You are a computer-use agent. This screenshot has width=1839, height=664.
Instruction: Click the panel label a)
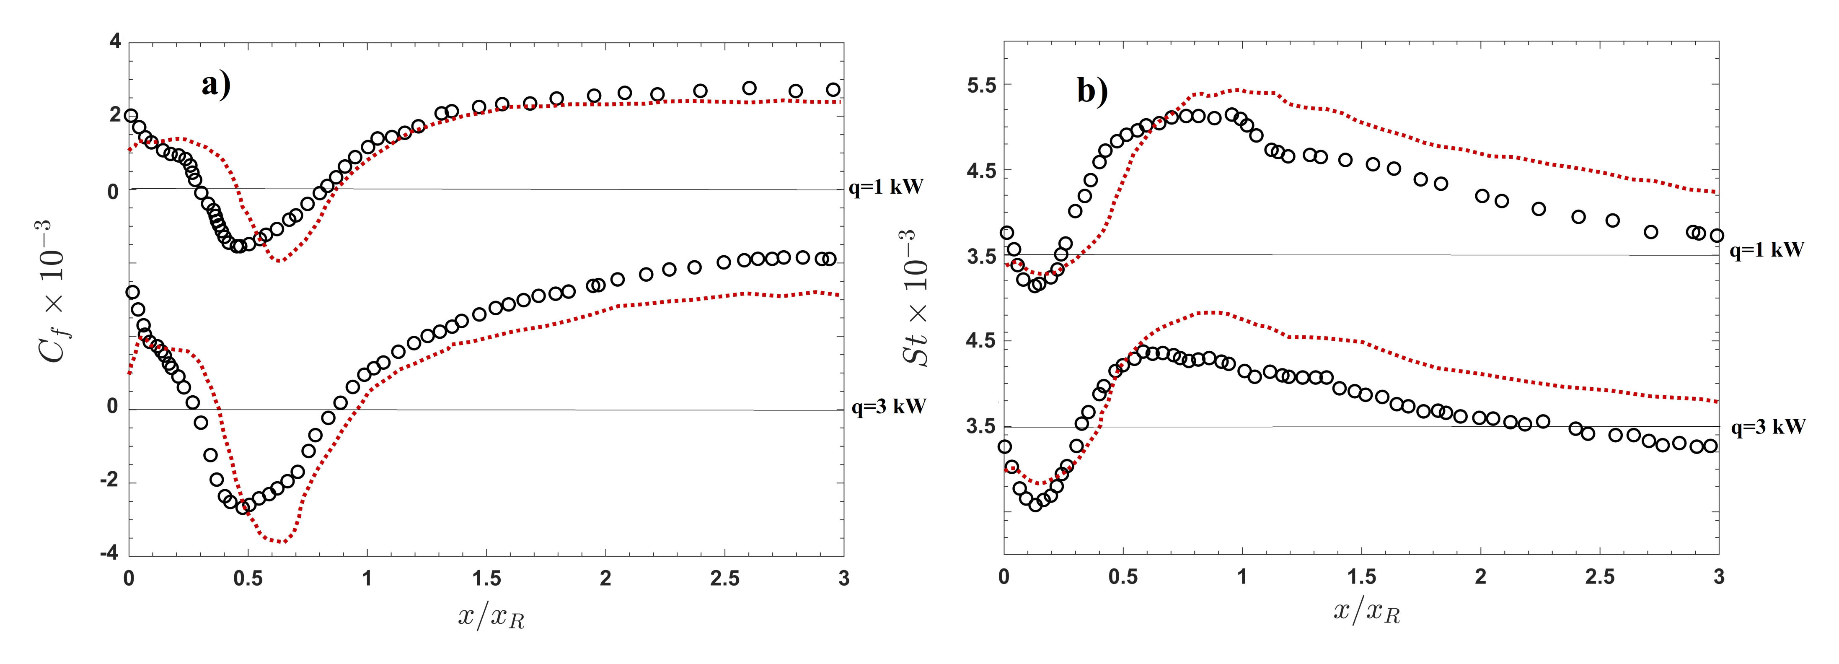click(216, 85)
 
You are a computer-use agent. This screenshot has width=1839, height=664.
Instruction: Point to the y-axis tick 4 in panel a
click(115, 42)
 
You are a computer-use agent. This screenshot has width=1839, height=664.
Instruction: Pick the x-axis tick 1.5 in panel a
click(486, 578)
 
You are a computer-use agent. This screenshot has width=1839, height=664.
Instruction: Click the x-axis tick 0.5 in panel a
click(248, 578)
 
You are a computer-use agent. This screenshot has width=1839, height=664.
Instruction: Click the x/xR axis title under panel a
click(491, 615)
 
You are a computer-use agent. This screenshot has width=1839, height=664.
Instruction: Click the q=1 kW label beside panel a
click(886, 188)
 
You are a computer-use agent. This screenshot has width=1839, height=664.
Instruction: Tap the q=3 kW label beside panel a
click(888, 407)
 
